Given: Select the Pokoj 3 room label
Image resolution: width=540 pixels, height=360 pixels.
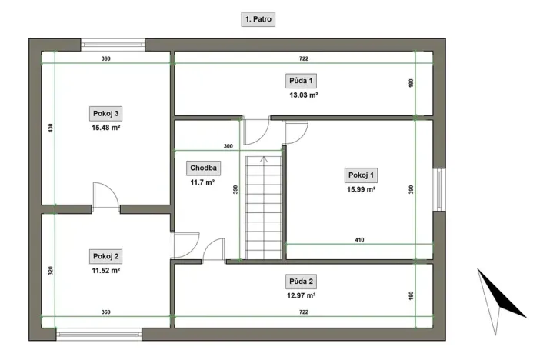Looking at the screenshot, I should (105, 114).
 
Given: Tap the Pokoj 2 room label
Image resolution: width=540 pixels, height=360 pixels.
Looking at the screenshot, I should (105, 256).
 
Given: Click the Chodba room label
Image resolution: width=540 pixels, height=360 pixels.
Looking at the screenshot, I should (204, 168).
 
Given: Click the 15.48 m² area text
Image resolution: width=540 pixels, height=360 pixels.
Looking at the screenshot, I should (105, 128).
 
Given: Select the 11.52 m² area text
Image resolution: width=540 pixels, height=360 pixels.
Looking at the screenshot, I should (105, 271).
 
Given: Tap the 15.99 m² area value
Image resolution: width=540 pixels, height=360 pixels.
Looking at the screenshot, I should (361, 188).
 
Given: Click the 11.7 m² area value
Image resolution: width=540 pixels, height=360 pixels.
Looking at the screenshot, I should (204, 182).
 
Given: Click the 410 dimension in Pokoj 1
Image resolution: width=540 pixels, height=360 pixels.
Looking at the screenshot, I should (359, 240).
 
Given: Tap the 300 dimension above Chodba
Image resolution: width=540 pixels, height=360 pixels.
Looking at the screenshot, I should (228, 145).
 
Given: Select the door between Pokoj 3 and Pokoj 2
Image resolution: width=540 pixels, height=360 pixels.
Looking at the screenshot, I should (105, 197).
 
